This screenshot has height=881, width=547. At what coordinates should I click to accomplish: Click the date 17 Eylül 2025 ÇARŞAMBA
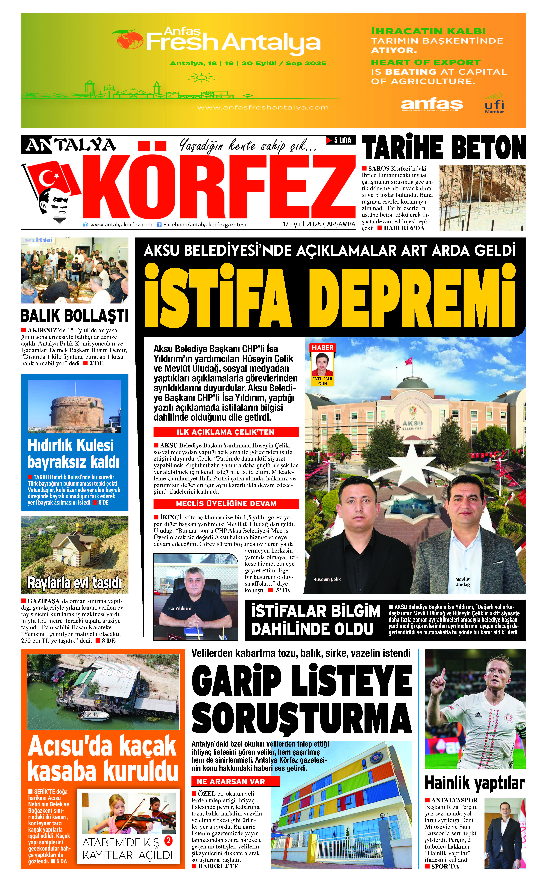coord(319,224)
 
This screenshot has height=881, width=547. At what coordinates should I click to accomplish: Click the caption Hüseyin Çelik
coord(327,579)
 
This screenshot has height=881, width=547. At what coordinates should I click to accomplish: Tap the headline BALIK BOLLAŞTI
coord(75,316)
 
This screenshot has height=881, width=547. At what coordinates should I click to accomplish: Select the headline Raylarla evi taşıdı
coord(75,583)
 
